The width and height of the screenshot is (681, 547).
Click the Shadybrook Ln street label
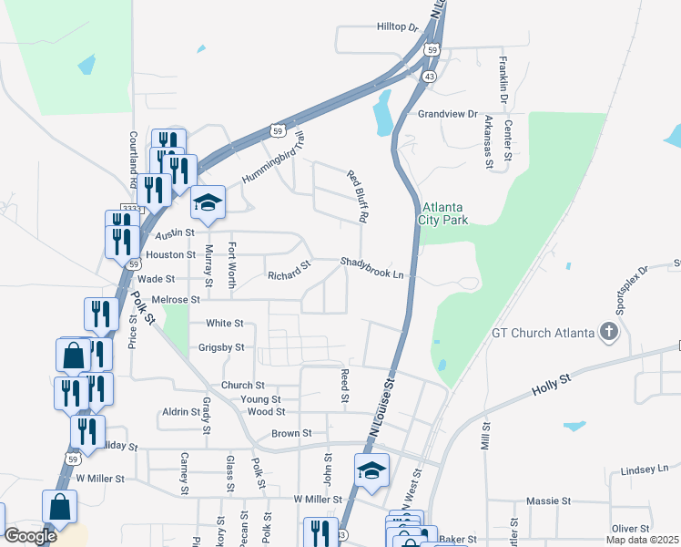[x=371, y=263]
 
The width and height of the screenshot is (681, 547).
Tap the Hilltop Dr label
[x=397, y=28]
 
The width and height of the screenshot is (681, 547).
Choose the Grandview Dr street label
[x=447, y=114]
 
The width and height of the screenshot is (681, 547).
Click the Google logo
[x=30, y=536]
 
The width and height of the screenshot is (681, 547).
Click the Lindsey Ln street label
[x=645, y=470]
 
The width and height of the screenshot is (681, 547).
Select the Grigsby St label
[x=221, y=347]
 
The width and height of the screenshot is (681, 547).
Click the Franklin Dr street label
[x=503, y=79]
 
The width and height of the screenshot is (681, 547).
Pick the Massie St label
[x=548, y=501]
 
